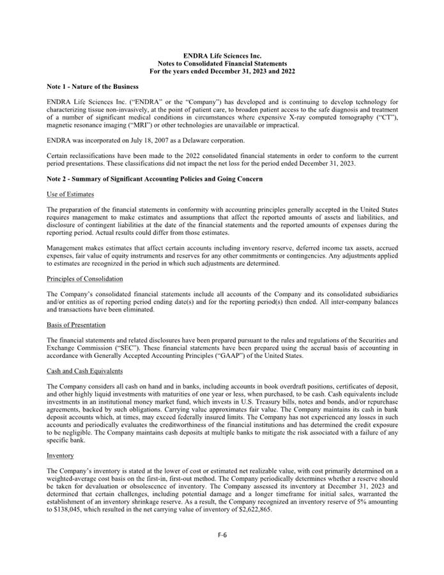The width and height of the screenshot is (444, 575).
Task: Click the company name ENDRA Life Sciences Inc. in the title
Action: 222,56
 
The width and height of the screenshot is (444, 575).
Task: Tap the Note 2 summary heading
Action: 155,179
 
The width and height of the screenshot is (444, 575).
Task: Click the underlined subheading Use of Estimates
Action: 70,194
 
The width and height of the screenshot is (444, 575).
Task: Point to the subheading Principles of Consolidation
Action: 85,279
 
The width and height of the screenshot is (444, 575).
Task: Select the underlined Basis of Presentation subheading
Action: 76,325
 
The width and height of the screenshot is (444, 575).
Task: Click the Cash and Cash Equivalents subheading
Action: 86,371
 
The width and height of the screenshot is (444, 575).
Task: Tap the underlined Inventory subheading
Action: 60,456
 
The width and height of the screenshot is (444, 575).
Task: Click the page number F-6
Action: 222,535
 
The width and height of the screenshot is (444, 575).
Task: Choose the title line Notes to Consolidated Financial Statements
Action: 222,64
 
